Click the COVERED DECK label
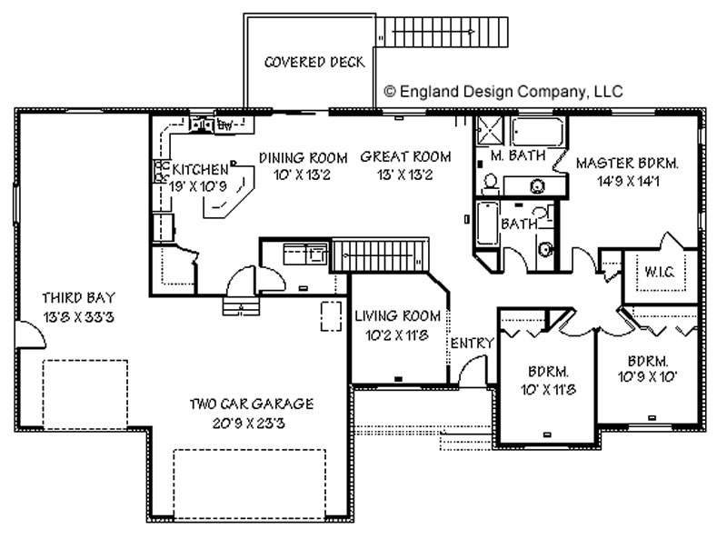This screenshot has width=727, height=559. point(314,62)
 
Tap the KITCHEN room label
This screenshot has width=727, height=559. point(200,169)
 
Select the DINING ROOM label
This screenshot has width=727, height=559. point(303,158)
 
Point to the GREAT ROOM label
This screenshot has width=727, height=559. point(405,156)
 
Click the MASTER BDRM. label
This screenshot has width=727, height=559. point(627,163)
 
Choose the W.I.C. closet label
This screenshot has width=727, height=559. point(660,272)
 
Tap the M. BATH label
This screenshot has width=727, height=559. point(517,155)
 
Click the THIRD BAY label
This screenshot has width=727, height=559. point(78,297)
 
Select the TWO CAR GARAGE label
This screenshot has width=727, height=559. point(252,404)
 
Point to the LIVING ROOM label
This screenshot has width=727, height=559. point(397,316)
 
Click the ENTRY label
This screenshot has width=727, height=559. point(472,343)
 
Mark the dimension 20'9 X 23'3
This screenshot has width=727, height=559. point(249,423)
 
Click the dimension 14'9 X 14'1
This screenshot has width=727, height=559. point(628,181)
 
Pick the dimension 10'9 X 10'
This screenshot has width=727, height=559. point(648,376)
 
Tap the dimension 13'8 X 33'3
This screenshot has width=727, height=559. point(78,317)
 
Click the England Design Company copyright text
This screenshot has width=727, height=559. point(503,92)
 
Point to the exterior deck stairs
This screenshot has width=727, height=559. point(442,32)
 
